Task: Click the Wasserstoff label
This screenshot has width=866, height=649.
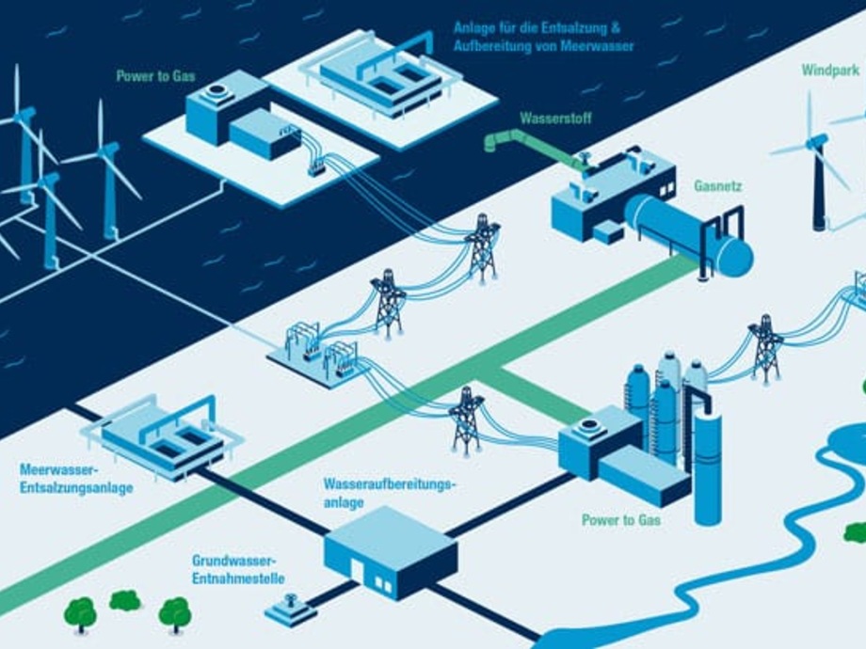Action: pos(553,119)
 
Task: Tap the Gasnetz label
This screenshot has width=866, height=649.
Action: pos(718,186)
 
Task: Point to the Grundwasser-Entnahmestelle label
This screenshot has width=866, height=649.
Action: pos(238,568)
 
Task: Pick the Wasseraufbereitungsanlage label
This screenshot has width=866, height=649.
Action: pos(389,493)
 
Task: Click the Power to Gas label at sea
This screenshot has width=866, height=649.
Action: pos(155,76)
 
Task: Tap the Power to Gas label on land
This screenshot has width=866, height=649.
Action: pos(620,519)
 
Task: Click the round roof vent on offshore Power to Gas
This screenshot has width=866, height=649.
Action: pos(216,92)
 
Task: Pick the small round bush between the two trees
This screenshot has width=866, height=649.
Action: pos(124,599)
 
